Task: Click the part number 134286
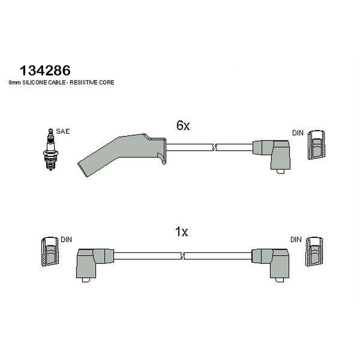45,71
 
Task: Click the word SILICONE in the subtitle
35,82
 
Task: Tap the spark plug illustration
50,149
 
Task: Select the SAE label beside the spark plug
63,131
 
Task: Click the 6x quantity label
183,126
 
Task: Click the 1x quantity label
181,232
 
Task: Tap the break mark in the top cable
214,148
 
